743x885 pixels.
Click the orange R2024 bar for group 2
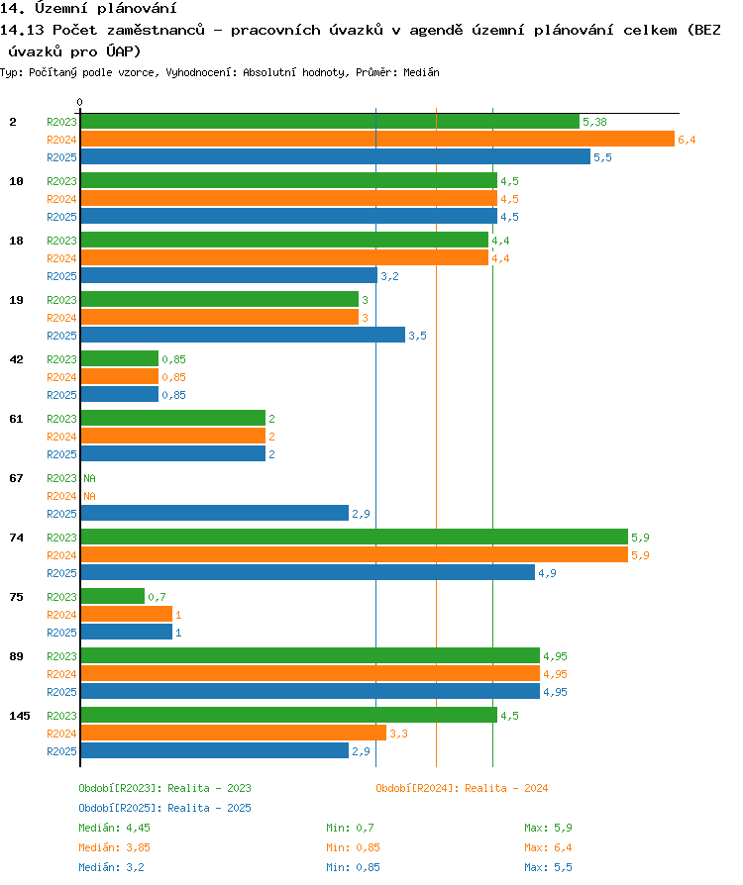(377, 139)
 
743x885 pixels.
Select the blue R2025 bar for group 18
(229, 275)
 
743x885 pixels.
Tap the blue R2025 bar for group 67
(215, 513)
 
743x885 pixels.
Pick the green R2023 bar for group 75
(112, 596)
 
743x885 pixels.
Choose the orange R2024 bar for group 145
(234, 733)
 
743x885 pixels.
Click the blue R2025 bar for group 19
(243, 335)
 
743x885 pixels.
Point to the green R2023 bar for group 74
(355, 537)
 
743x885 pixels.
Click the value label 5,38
(594, 122)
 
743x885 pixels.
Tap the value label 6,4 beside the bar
(687, 140)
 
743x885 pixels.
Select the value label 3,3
(398, 734)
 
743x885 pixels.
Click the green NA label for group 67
(89, 478)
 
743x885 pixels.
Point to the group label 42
(17, 359)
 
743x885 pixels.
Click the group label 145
(20, 716)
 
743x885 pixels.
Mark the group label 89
(17, 656)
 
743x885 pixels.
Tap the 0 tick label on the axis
(79, 102)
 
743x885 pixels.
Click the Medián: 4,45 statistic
(114, 828)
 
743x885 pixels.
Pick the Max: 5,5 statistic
(548, 867)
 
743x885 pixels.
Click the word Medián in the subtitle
(421, 72)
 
